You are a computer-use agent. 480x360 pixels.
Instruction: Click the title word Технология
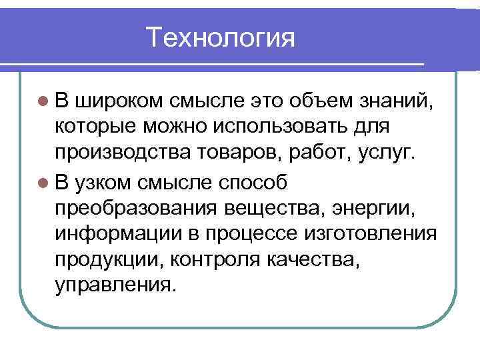point(221,37)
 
